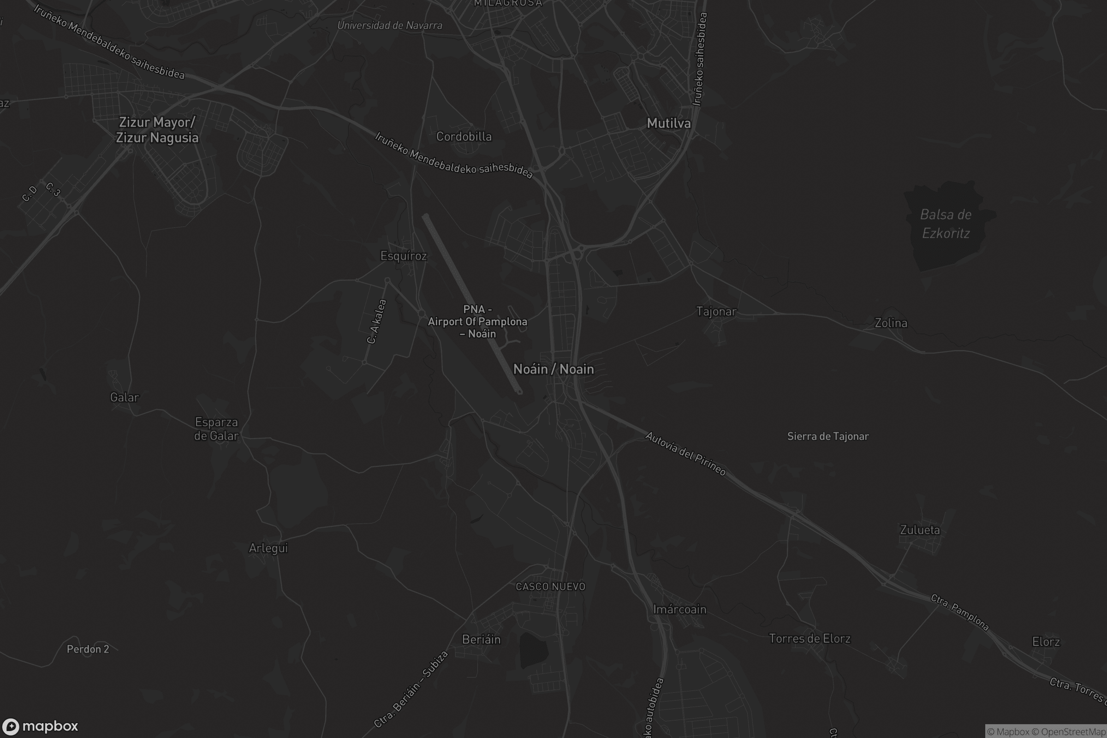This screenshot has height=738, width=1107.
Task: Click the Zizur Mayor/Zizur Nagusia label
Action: coord(157,130)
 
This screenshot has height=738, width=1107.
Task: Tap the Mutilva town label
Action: coord(668,123)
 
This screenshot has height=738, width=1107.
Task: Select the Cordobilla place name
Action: coord(464,137)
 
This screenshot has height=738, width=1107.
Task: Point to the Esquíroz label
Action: coord(403,256)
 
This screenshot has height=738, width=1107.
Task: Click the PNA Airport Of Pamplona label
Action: coord(477,321)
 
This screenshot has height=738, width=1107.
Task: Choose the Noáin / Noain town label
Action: coord(553,369)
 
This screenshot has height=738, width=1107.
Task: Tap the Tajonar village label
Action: coord(716,311)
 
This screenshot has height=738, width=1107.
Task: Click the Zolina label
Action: coord(891,323)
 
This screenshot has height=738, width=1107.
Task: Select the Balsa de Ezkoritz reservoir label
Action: coord(946,224)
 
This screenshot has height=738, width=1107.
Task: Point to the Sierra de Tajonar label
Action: coord(828,436)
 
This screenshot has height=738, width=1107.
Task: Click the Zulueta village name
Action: coord(920,530)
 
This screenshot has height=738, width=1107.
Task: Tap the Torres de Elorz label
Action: coord(809,639)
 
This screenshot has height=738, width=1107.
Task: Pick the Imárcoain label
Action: coord(679,609)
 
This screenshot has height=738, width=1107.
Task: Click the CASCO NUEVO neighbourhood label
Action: coord(550,586)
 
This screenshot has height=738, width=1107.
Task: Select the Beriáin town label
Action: coord(481,639)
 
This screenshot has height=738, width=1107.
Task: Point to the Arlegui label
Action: coord(268,548)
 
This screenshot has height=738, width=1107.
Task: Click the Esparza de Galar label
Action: coord(216,429)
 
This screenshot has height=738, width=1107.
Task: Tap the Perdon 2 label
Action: coord(88,649)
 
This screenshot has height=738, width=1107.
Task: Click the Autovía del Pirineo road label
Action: coord(685,454)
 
